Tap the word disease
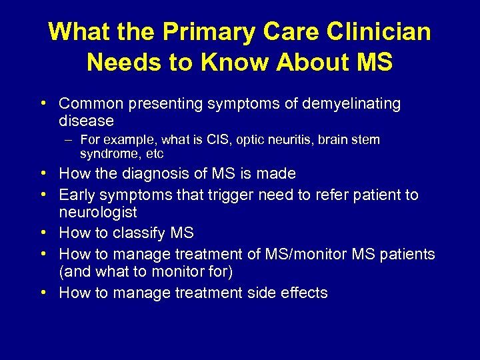[86, 121]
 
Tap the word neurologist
[98, 213]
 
